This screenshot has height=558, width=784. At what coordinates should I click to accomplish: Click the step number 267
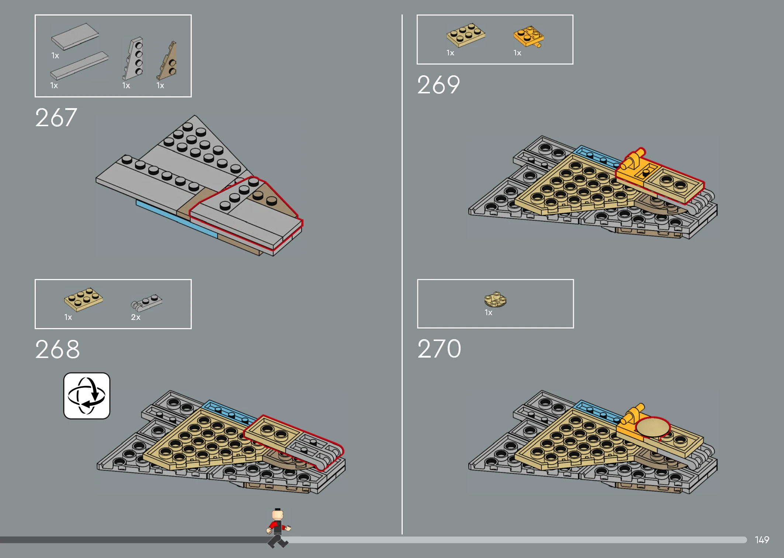pyautogui.click(x=56, y=118)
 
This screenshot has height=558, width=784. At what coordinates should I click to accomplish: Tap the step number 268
pyautogui.click(x=57, y=349)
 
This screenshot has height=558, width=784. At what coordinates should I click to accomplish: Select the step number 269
pyautogui.click(x=438, y=85)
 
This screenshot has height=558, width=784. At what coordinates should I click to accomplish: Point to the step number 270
pyautogui.click(x=439, y=349)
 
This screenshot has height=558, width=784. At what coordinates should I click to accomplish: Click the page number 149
pyautogui.click(x=762, y=540)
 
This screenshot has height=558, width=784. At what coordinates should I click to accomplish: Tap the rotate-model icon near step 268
pyautogui.click(x=87, y=396)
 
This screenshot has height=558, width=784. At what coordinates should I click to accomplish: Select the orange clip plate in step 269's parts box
pyautogui.click(x=528, y=37)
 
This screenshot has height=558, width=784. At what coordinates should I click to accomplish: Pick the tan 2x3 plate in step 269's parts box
pyautogui.click(x=466, y=35)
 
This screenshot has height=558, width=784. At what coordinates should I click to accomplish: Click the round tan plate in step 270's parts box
pyautogui.click(x=495, y=299)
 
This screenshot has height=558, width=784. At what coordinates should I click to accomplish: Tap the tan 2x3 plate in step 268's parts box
pyautogui.click(x=83, y=299)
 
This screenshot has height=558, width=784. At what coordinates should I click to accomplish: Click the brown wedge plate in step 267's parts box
pyautogui.click(x=167, y=61)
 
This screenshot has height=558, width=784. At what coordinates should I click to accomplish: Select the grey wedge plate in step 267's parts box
pyautogui.click(x=133, y=58)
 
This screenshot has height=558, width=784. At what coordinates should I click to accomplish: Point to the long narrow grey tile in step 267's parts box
pyautogui.click(x=79, y=66)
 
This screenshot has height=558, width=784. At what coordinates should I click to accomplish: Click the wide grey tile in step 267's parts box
pyautogui.click(x=75, y=36)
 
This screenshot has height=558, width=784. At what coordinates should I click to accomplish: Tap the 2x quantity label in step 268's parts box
pyautogui.click(x=136, y=317)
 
